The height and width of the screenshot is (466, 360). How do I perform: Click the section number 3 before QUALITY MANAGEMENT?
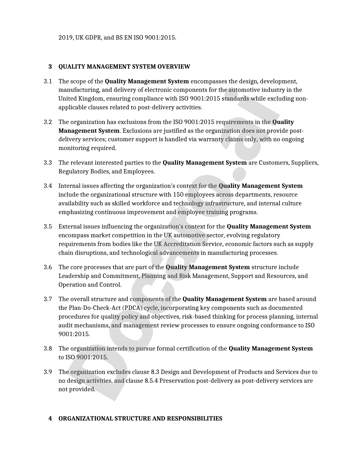tap(50, 67)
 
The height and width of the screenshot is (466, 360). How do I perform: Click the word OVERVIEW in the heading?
tap(174, 67)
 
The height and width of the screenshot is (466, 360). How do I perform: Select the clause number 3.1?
tap(48, 81)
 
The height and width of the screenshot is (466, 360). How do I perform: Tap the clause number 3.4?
tap(48, 186)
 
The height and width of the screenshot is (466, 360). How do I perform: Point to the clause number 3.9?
tap(48, 372)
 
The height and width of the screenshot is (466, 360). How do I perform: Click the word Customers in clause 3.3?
tap(274, 163)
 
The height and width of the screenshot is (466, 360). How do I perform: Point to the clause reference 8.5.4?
tap(151, 381)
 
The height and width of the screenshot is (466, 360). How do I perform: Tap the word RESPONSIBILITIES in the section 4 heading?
tap(195, 419)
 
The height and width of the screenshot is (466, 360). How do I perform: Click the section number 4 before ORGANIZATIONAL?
tap(50, 419)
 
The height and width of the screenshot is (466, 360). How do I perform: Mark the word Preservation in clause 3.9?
tap(177, 381)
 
